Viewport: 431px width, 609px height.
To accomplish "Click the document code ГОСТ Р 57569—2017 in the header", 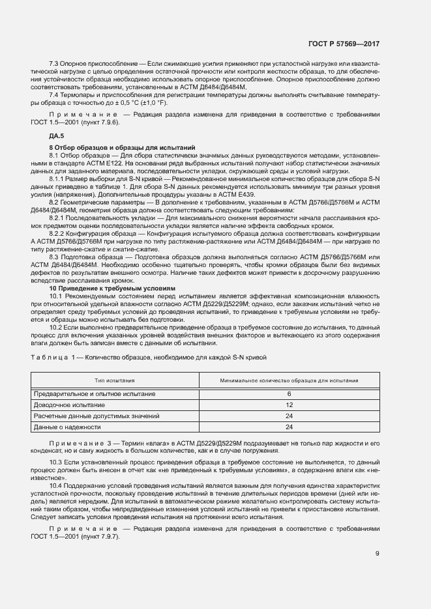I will pyautogui.click(x=344, y=44).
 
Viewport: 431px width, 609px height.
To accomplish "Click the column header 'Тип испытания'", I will pyautogui.click(x=115, y=380).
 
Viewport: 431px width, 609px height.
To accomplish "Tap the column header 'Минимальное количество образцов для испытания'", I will pyautogui.click(x=289, y=380).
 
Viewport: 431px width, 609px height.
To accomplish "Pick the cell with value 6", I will pyautogui.click(x=289, y=394).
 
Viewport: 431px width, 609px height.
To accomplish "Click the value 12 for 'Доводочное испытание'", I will pyautogui.click(x=289, y=404).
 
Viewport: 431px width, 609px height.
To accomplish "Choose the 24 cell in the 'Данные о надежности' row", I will pyautogui.click(x=289, y=427).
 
